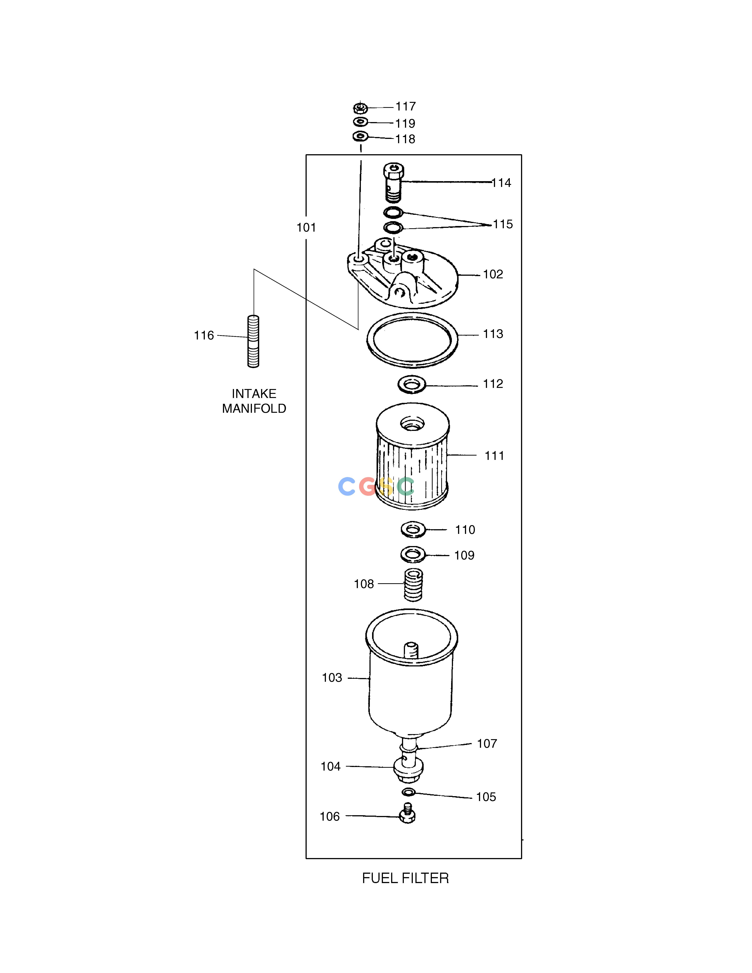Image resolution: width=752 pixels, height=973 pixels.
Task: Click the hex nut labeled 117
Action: [360, 108]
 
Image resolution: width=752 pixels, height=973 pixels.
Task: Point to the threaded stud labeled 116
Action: [253, 341]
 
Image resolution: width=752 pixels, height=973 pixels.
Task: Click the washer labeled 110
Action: [413, 530]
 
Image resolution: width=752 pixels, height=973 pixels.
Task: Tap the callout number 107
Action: [487, 744]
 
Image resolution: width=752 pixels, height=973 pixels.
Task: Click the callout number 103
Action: [332, 678]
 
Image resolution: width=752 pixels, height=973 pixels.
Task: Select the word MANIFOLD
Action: [254, 408]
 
